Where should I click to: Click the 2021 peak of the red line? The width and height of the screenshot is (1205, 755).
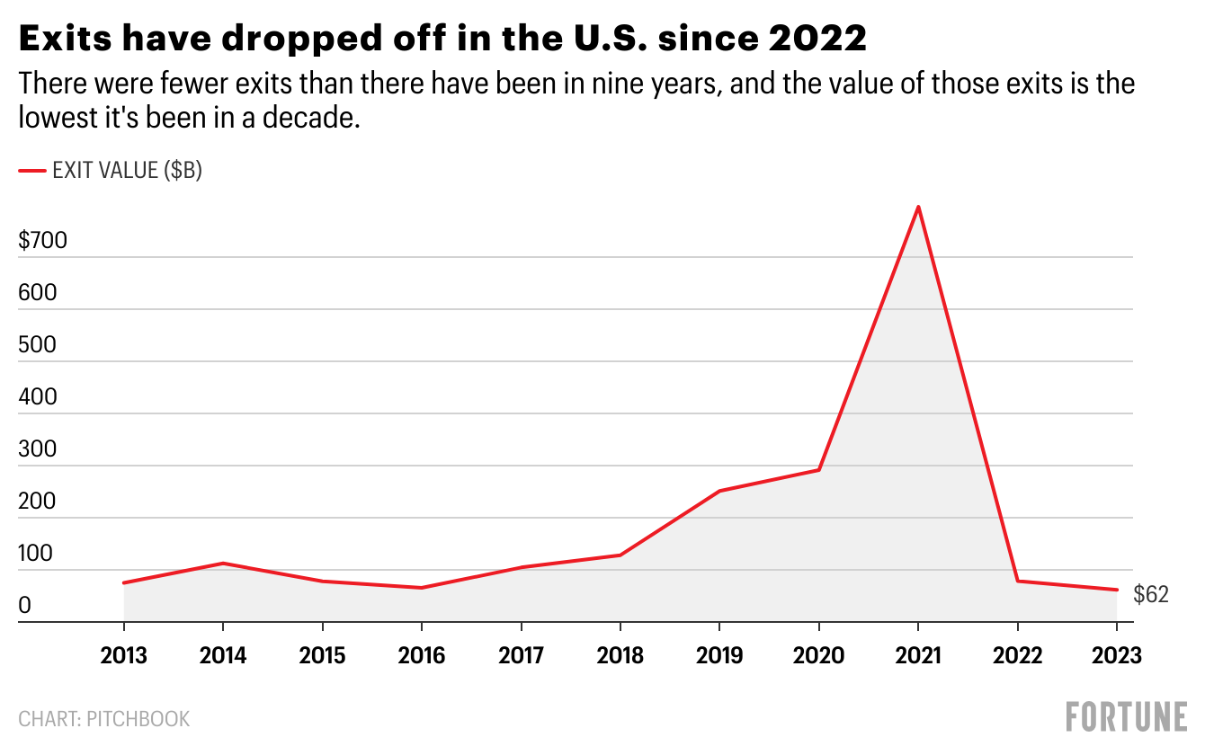918,207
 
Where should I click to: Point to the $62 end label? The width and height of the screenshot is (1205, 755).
1151,594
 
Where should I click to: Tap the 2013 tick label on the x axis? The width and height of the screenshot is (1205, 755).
124,655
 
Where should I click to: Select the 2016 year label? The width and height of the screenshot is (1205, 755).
422,655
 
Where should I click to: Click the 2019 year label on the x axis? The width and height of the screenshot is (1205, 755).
719,655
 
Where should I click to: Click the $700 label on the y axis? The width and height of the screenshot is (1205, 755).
43,241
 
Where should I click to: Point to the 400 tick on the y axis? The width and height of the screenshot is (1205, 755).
38,397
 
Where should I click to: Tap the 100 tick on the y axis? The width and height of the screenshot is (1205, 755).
37,554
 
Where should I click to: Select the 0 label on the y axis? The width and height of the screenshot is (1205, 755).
25,606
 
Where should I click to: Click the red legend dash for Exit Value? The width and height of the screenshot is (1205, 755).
32,170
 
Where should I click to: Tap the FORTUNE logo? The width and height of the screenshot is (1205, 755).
1126,716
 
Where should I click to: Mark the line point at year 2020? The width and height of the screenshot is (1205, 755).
819,470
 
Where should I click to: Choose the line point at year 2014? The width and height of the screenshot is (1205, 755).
223,564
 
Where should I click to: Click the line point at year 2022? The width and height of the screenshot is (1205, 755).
1018,582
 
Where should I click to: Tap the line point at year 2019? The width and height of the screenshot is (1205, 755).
719,491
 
